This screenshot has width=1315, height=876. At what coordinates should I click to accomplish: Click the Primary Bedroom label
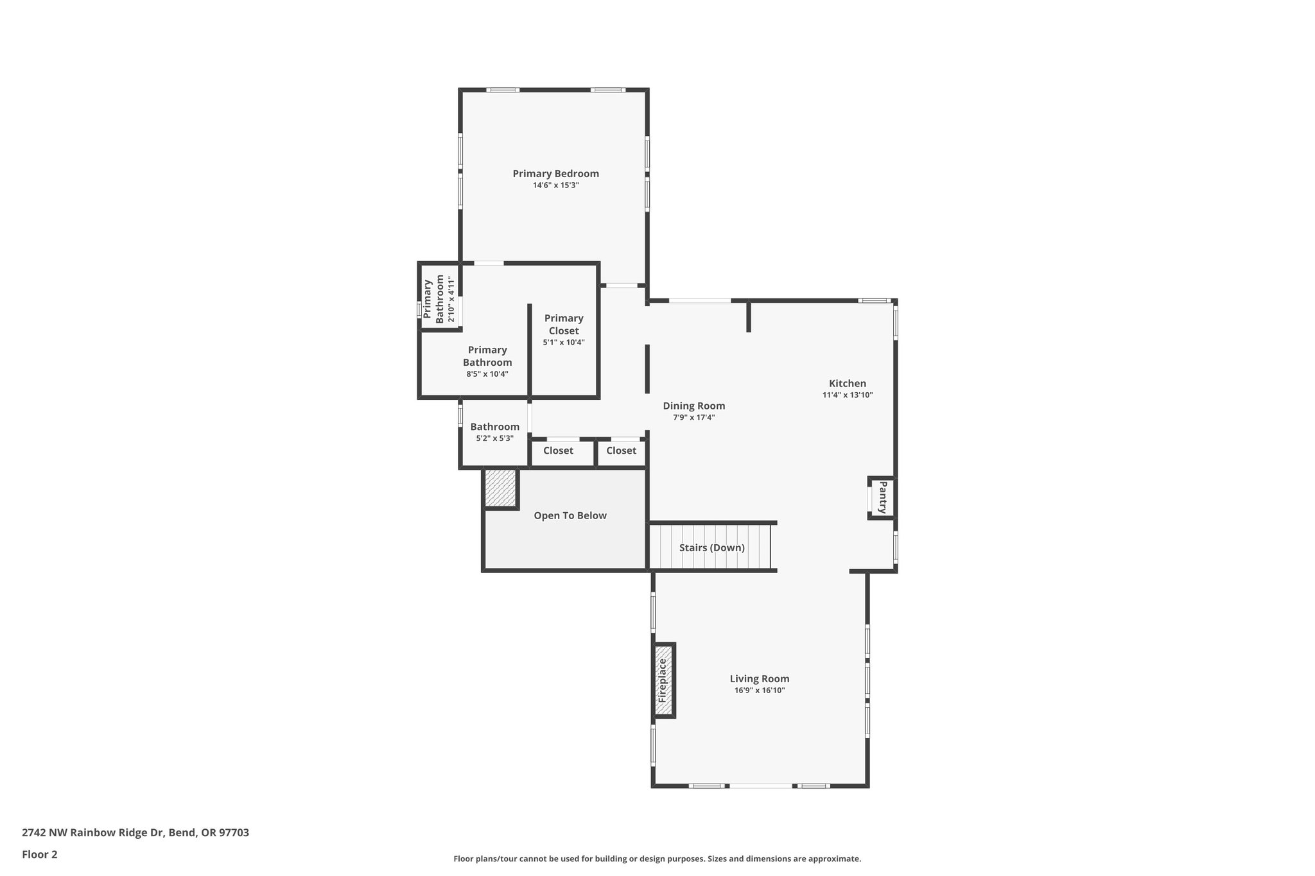555,173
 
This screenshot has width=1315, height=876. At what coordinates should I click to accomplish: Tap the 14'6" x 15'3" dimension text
555,185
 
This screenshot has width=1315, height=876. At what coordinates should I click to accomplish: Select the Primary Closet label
564,324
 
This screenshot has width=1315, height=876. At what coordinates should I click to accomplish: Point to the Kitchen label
847,383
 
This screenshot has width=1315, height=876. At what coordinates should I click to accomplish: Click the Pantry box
882,497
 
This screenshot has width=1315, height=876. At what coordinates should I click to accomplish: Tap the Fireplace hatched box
664,680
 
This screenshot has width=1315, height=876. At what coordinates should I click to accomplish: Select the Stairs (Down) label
711,547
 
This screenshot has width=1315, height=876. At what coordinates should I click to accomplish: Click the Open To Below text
570,515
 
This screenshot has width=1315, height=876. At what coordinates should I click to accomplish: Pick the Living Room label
759,678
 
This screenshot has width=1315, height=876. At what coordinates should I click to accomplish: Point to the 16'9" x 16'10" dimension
759,691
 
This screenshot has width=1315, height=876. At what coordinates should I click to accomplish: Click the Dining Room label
693,406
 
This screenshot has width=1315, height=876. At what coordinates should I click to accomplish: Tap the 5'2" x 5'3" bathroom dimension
494,438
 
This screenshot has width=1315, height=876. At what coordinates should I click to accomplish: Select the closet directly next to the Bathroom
558,451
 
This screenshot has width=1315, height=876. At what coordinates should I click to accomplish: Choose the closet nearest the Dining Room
621,451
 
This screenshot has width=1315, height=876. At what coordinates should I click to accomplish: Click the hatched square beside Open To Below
500,488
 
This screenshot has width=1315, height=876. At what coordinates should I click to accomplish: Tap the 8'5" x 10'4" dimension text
487,374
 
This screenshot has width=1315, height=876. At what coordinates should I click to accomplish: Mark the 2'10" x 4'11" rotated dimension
451,300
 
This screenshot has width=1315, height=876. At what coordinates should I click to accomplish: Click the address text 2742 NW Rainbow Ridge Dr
135,832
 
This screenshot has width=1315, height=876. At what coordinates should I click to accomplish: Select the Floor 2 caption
40,854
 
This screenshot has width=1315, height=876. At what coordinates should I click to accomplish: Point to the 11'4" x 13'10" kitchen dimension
847,395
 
